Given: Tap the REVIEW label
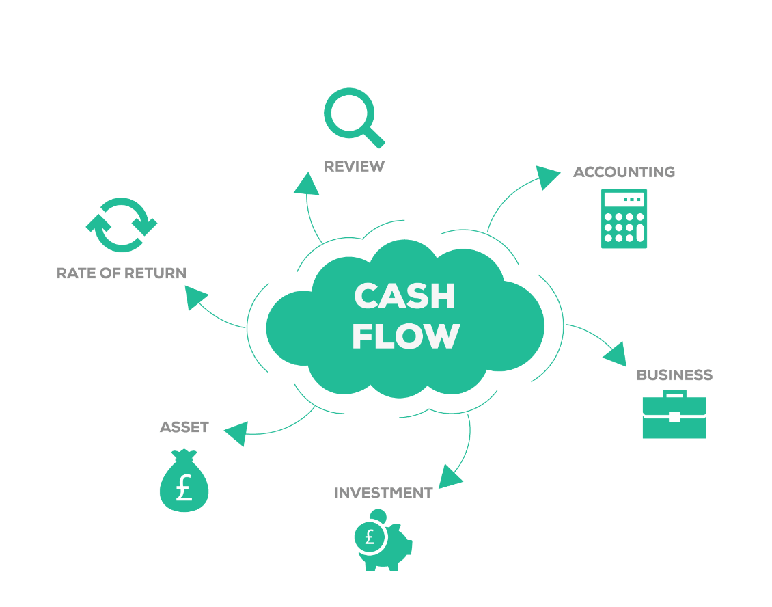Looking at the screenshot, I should [x=354, y=166].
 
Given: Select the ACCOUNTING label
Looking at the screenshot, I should [x=624, y=172].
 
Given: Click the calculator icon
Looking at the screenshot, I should [x=624, y=219].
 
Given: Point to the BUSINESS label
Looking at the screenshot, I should [x=674, y=375].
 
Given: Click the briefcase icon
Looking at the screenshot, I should [x=674, y=415].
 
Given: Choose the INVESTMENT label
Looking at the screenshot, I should [x=383, y=493].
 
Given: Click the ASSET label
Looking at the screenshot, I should [x=184, y=427].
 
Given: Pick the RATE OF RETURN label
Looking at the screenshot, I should [x=121, y=273].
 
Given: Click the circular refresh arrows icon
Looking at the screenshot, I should [x=122, y=226].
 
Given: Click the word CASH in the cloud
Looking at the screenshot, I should [x=404, y=297].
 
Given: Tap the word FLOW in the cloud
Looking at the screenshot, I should [x=405, y=336].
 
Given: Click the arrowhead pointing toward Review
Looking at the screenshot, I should [x=307, y=184].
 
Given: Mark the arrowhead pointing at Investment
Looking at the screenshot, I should [x=450, y=476].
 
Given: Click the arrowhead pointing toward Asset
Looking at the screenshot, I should [x=236, y=433].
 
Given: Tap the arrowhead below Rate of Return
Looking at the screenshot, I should [x=197, y=298].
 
